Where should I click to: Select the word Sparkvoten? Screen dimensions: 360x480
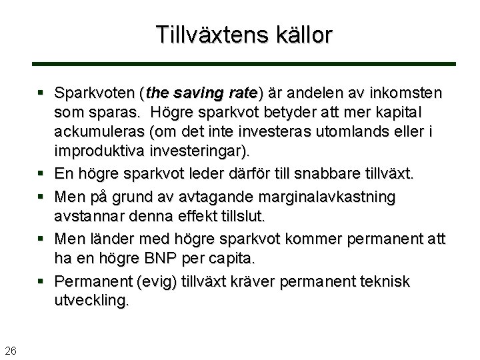93,91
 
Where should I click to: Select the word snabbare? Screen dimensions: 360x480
313,175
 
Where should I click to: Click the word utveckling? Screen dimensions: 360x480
92,301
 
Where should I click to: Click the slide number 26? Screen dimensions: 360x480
11,351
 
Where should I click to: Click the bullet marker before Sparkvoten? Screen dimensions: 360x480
42,91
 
